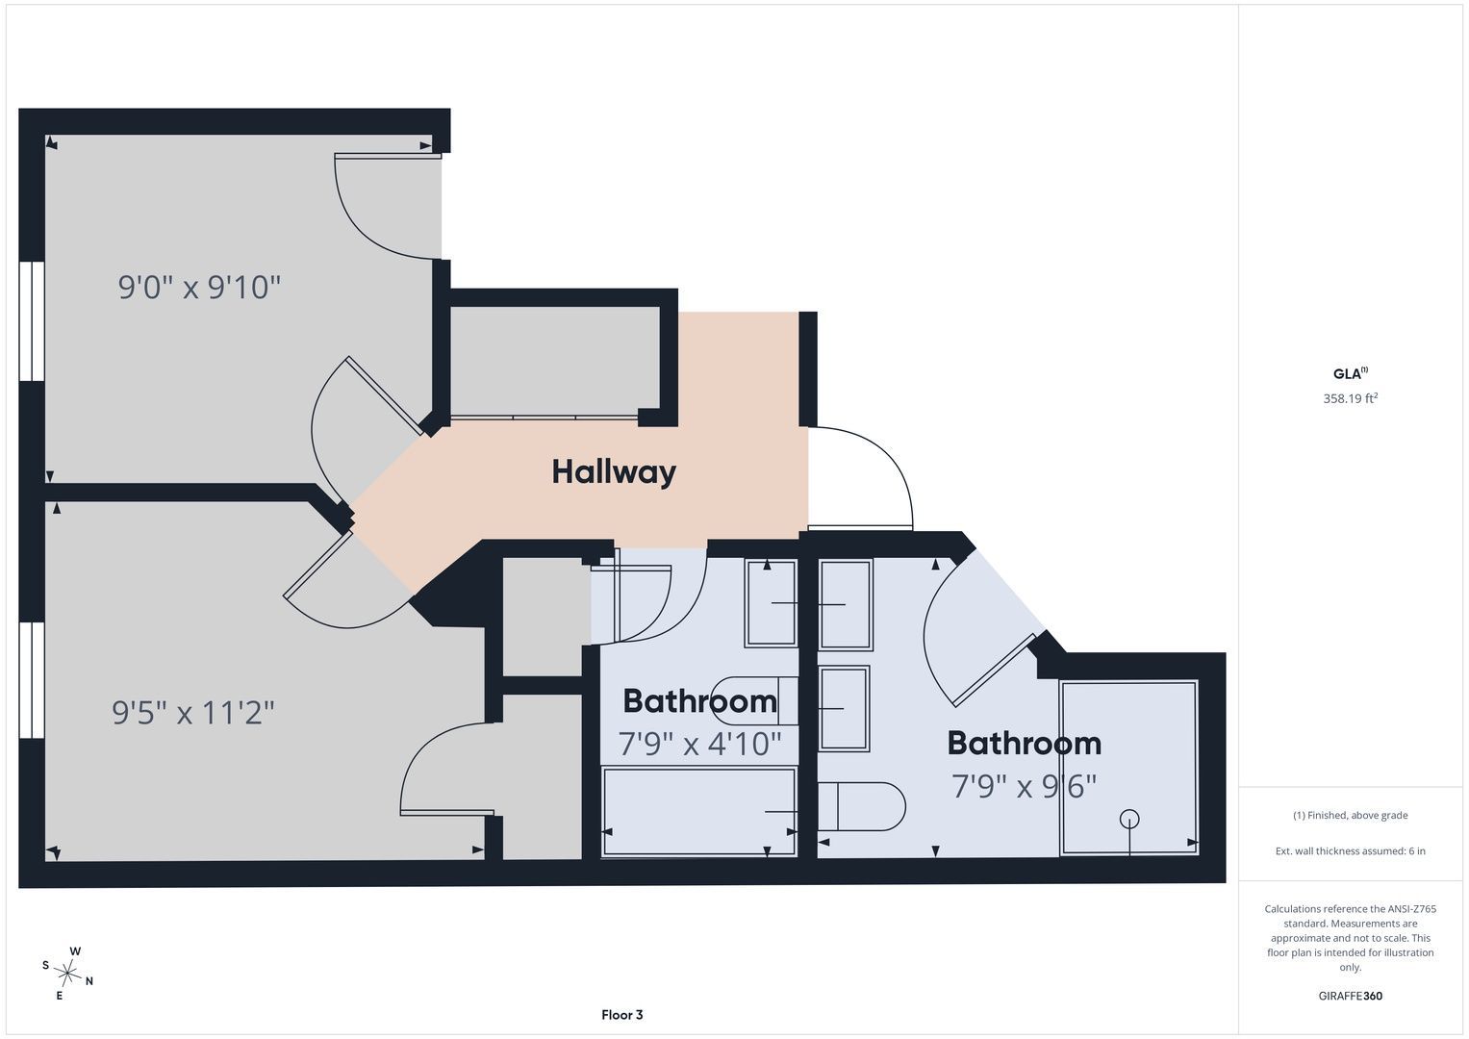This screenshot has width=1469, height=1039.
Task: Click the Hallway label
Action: (613, 472)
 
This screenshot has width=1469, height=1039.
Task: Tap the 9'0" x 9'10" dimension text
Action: (199, 288)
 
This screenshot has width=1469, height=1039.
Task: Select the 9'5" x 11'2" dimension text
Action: (193, 712)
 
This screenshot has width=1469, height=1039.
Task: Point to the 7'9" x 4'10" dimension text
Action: (699, 744)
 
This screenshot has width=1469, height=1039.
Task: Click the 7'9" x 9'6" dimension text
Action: (1024, 787)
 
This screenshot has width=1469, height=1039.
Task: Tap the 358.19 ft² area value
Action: (1350, 398)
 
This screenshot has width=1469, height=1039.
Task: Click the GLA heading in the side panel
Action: (1350, 373)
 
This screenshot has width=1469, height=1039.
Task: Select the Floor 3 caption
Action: (621, 1015)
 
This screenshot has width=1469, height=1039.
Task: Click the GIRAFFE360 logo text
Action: (1350, 996)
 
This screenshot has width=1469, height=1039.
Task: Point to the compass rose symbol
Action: (67, 973)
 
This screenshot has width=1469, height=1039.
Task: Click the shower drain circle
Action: (1129, 819)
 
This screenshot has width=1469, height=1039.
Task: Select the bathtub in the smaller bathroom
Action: (699, 812)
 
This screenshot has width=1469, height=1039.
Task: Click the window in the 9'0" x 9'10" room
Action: (32, 321)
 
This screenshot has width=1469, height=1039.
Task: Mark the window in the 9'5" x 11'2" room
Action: (32, 680)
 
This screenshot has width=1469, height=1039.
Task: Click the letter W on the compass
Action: (75, 951)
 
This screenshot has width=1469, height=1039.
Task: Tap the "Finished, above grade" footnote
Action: (1350, 816)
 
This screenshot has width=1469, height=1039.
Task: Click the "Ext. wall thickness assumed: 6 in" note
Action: (1350, 850)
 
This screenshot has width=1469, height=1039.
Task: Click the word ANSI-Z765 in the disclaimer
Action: (1411, 909)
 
